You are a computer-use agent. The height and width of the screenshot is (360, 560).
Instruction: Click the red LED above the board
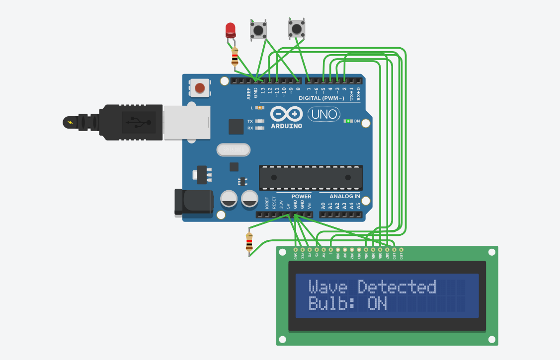point(230,30)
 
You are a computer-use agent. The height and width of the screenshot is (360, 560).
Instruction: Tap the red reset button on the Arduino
point(200,88)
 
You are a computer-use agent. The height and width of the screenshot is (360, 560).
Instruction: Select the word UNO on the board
point(324,115)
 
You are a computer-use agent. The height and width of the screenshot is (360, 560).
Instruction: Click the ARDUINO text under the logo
point(286,126)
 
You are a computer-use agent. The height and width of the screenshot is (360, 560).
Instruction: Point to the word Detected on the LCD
point(397,287)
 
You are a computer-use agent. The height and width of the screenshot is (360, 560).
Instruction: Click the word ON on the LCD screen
point(377,303)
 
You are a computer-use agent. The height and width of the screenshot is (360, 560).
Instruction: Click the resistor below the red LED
point(235,57)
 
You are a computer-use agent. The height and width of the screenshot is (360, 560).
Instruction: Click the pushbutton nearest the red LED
point(258,30)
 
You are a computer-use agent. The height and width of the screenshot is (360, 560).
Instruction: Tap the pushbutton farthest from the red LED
point(297,28)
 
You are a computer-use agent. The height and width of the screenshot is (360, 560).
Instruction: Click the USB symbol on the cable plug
point(135,121)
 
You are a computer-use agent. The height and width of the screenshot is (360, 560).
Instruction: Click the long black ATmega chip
point(311,178)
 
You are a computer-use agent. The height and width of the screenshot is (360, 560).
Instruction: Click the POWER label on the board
point(301,197)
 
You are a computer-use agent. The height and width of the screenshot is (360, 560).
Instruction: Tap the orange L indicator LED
point(259,108)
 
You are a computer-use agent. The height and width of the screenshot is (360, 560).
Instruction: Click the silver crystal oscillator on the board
point(233,149)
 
